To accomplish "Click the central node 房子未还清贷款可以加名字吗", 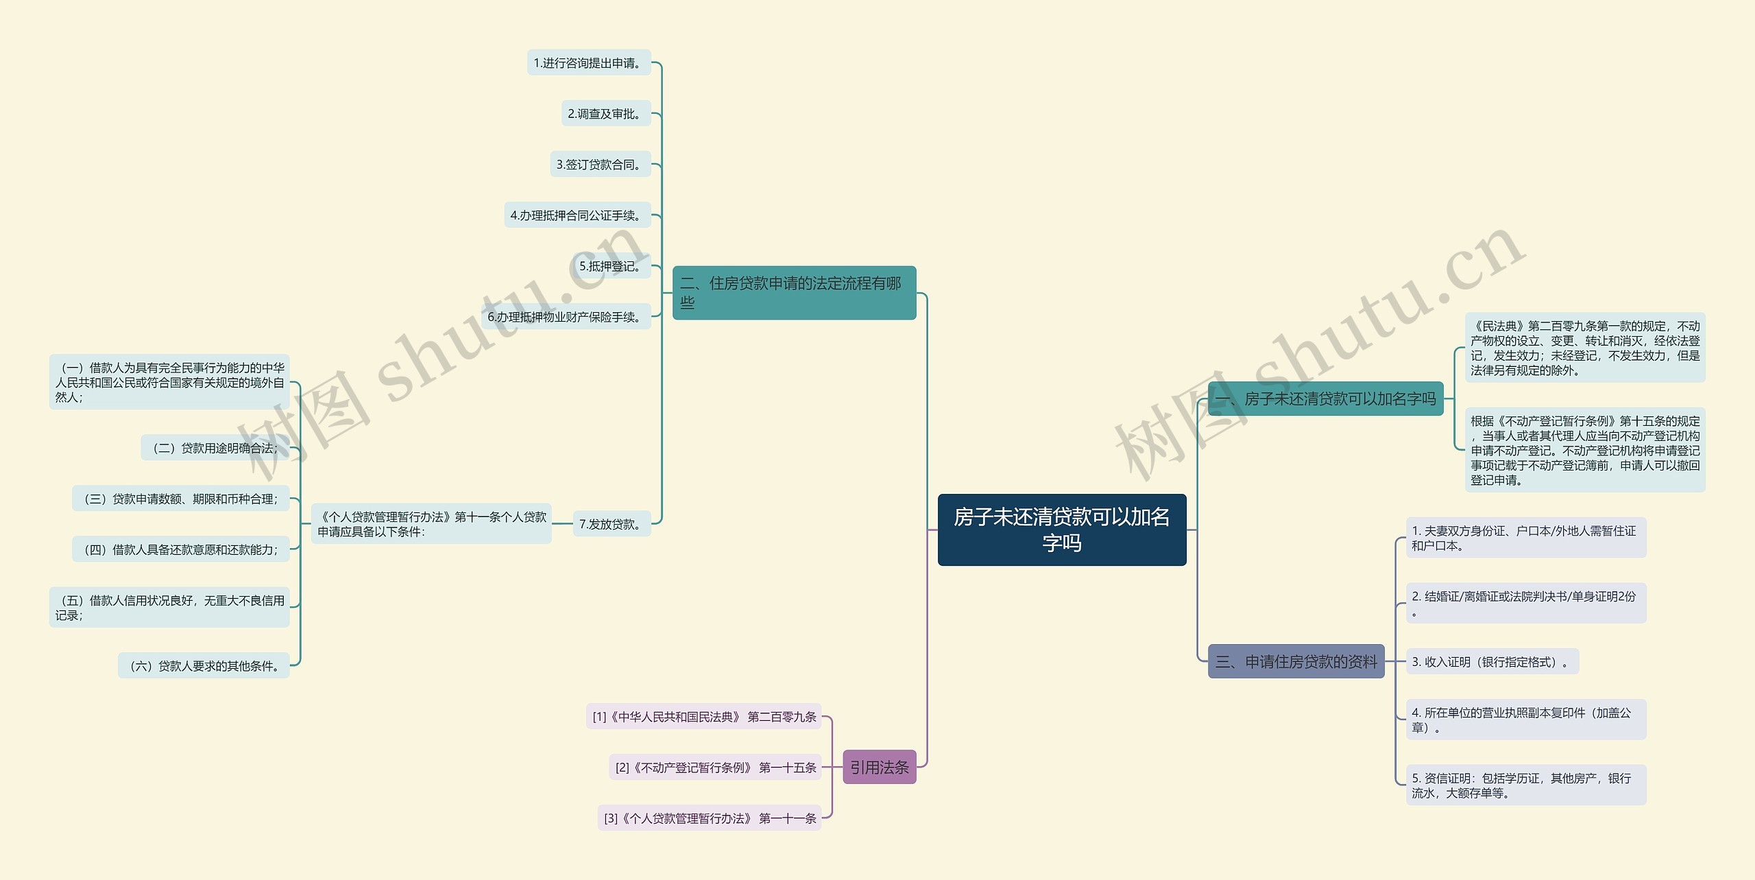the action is (x=1061, y=530).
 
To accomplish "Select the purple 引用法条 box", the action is (x=879, y=767).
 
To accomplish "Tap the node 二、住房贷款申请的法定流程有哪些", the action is (x=794, y=293).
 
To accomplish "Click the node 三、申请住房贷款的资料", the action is (x=1296, y=661).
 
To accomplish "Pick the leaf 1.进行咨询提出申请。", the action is (x=588, y=63).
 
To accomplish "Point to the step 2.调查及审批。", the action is (x=606, y=114).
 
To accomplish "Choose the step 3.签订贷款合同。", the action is (x=600, y=165).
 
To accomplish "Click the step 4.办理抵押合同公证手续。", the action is (x=577, y=215).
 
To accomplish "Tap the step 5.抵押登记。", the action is (x=612, y=266).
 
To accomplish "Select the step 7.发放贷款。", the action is (x=612, y=524).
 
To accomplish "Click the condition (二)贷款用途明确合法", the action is (x=215, y=448).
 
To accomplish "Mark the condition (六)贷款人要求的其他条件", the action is (x=204, y=666).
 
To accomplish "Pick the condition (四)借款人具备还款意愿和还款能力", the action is (x=180, y=549).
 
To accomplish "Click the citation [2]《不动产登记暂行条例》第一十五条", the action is (x=715, y=768).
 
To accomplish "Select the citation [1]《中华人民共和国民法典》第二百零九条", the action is (x=703, y=717).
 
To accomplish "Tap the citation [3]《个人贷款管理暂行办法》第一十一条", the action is (x=710, y=818).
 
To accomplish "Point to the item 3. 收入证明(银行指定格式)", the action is (x=1492, y=662).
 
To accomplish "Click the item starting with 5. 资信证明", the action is (x=1525, y=785).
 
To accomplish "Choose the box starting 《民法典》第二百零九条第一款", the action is (x=1584, y=348).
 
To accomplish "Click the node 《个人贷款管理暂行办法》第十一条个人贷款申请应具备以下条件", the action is (x=431, y=524).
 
